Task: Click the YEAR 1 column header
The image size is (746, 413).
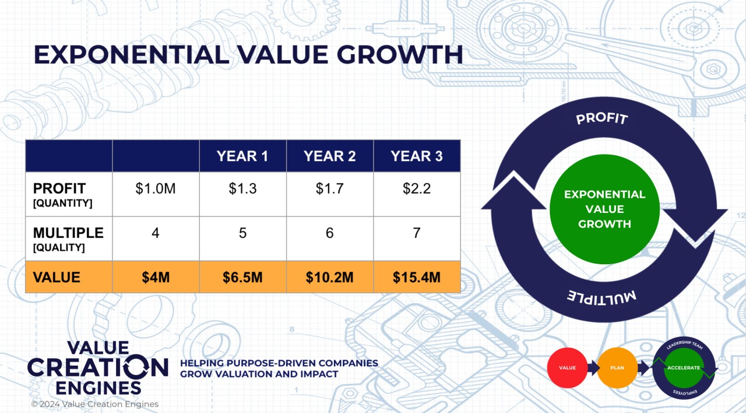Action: click(242, 156)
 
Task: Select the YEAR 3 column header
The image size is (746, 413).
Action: click(417, 156)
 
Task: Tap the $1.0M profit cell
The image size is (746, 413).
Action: click(156, 189)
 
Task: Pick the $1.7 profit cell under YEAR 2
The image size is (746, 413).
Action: click(329, 189)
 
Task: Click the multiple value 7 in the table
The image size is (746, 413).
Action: click(417, 233)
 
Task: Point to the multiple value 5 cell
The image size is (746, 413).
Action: click(242, 233)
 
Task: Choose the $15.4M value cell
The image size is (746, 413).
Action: click(417, 277)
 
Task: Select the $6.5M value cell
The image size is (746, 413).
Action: click(242, 277)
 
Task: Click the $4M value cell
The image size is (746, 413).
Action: click(156, 277)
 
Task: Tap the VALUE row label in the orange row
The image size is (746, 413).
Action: click(57, 277)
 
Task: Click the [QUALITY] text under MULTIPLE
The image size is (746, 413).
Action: click(59, 247)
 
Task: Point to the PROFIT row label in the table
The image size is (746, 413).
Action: click(59, 188)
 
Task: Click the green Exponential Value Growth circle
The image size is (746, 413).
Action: click(604, 209)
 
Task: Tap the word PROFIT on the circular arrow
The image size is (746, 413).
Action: click(602, 118)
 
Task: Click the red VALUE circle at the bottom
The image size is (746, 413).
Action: click(567, 368)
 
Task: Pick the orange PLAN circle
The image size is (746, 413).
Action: click(617, 368)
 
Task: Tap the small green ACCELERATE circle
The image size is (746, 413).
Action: click(684, 368)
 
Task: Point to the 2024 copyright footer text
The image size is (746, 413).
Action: click(94, 404)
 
